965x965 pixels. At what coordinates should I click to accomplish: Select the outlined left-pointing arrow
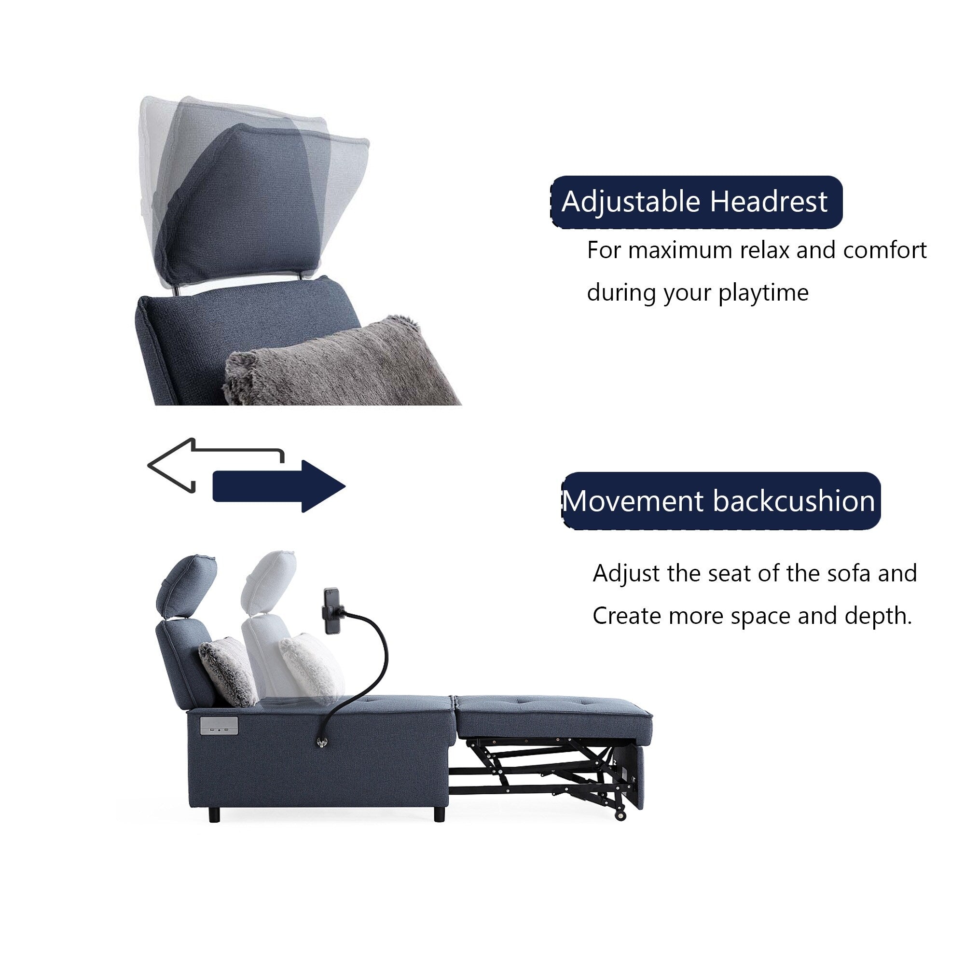pos(200,465)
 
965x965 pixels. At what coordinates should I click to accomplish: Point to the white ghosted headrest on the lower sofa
pos(269,579)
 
